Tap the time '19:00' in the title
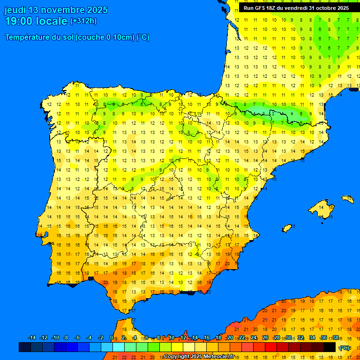[x=19, y=21]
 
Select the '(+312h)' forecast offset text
[x=83, y=21]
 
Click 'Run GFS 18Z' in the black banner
[x=262, y=8]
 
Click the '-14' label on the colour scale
[x=32, y=338]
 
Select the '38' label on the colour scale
[x=336, y=338]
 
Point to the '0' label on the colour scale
[x=111, y=338]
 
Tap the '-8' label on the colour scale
[x=66, y=338]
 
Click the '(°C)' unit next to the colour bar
[x=345, y=348]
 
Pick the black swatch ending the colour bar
[x=330, y=347]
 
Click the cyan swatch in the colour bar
[x=119, y=347]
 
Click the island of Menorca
[x=347, y=199]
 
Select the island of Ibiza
[x=287, y=228]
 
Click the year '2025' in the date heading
[x=94, y=10]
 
